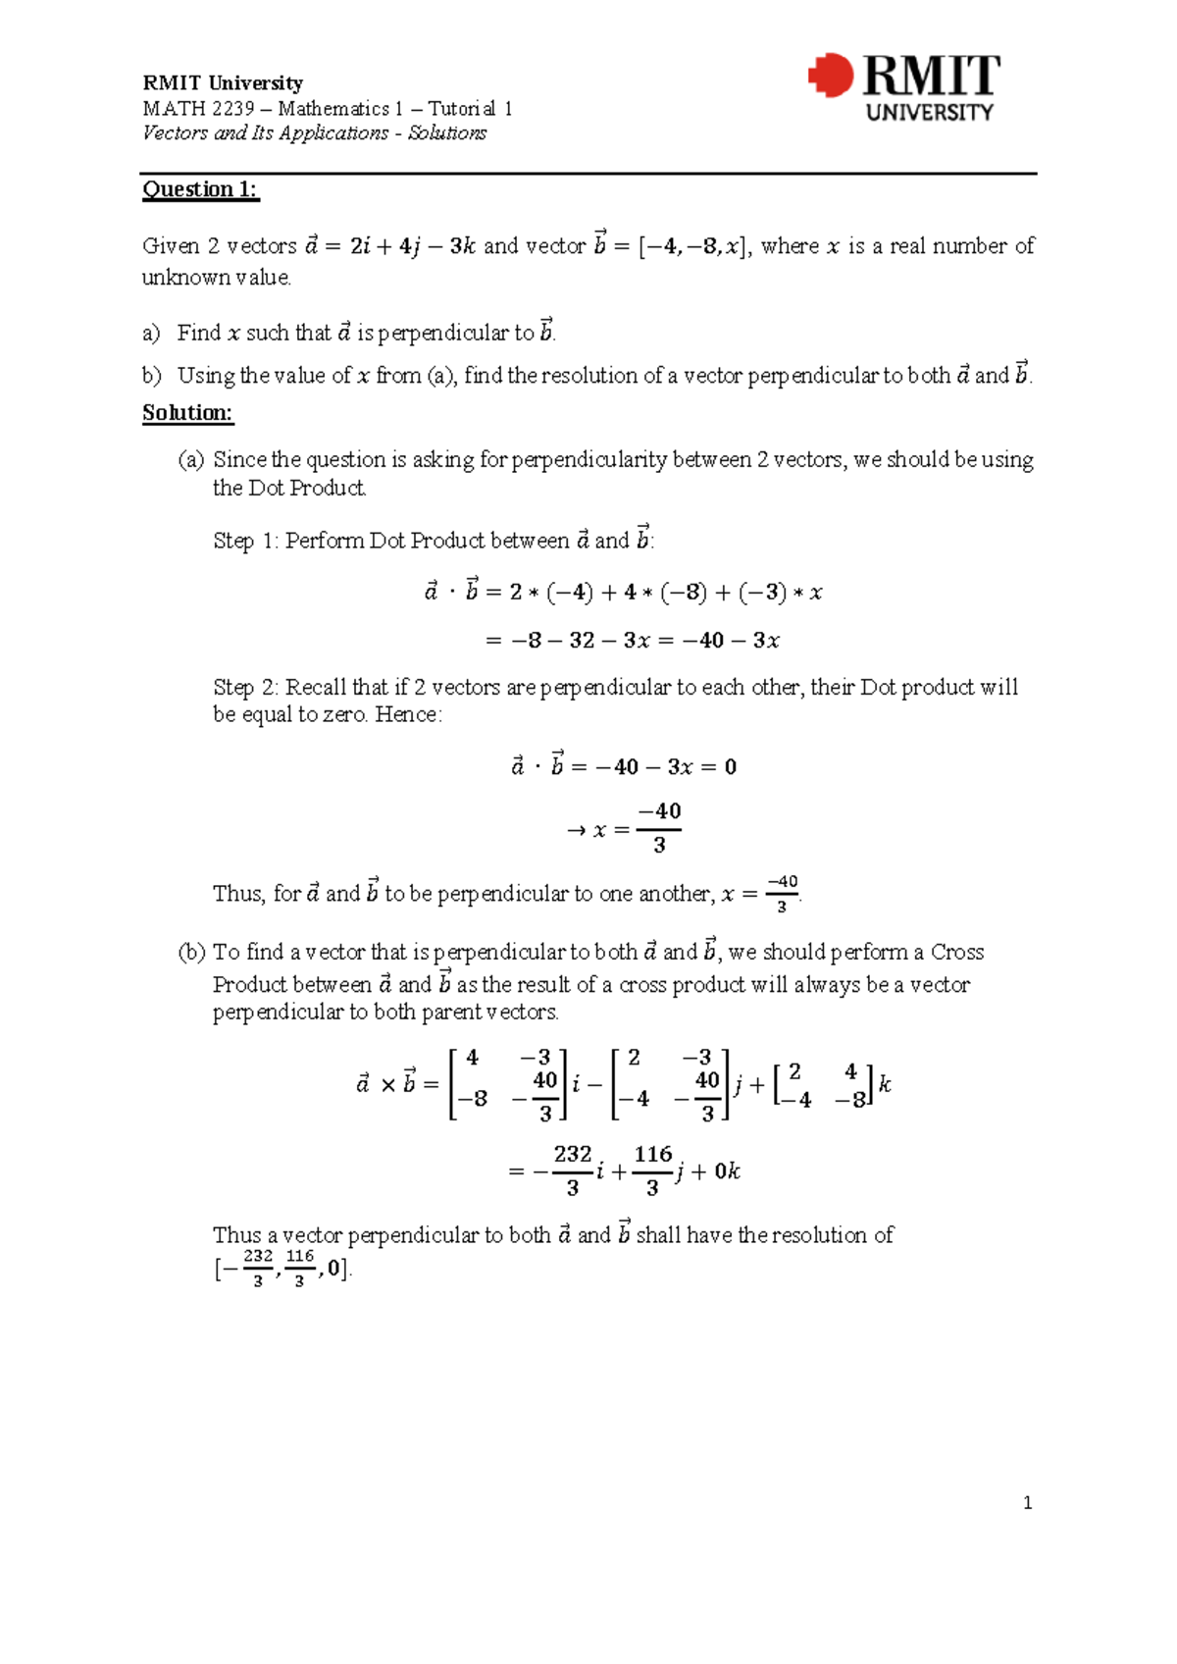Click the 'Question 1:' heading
[200, 189]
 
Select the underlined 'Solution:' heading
[187, 413]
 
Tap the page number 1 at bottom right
[1027, 1503]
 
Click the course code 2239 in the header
[233, 109]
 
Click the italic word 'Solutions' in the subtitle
[446, 133]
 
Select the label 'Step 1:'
[246, 541]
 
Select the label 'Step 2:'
[246, 687]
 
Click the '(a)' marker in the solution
[191, 460]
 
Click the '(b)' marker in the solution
[191, 952]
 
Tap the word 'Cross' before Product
[956, 952]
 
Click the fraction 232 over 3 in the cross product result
[573, 1170]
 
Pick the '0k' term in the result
[727, 1171]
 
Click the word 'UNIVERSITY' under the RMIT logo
[929, 113]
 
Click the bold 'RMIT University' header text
[223, 83]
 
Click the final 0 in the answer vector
[334, 1269]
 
